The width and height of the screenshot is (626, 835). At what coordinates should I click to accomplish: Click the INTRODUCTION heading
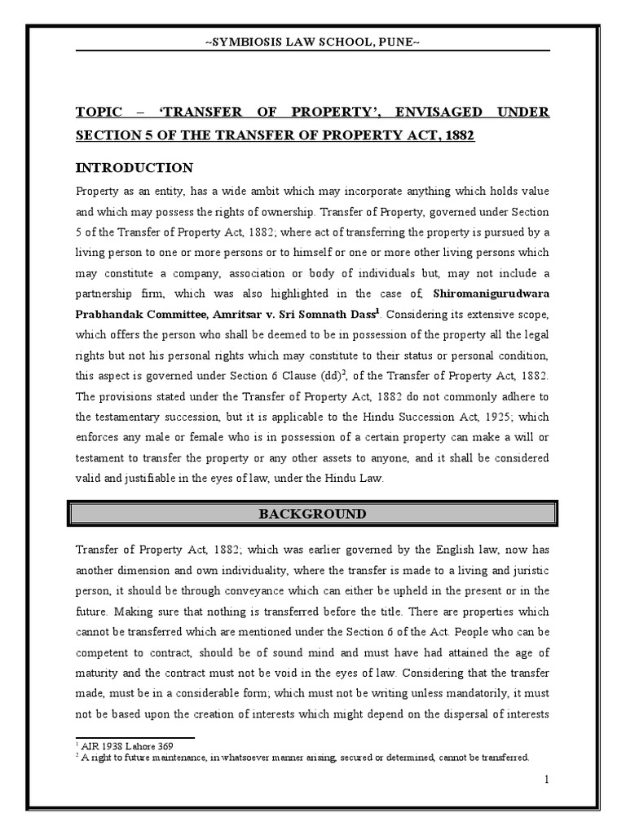(x=134, y=168)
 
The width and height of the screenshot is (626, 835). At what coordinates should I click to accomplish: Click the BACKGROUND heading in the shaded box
(x=312, y=514)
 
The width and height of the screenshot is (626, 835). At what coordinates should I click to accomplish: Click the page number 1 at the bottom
(x=548, y=780)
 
